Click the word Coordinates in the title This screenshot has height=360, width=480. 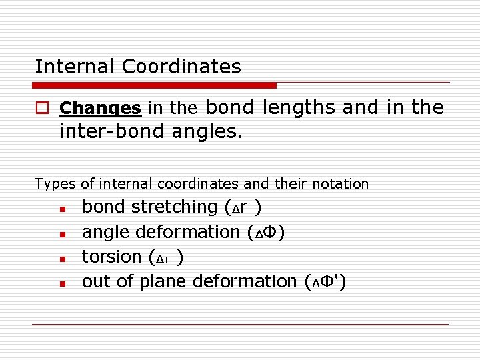(x=182, y=67)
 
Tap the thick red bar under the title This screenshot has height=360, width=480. (x=155, y=85)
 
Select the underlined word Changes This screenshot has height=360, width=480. (x=100, y=108)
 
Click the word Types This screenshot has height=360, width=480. (x=55, y=183)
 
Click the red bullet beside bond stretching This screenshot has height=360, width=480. (x=61, y=209)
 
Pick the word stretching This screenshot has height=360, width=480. (x=174, y=207)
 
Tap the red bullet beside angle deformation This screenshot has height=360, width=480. (x=61, y=234)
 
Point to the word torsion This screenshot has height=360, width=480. (x=111, y=257)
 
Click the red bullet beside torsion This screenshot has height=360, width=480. (x=61, y=259)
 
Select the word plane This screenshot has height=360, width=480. (x=163, y=282)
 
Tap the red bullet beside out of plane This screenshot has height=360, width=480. (x=61, y=284)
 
